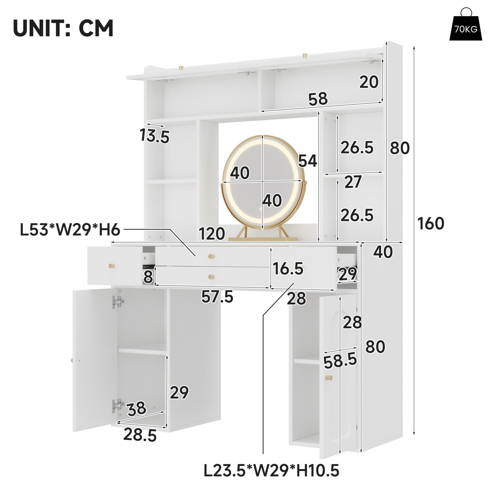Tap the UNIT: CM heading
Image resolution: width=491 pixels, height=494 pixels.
[x=63, y=28]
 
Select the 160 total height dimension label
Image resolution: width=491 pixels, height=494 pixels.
[x=431, y=223]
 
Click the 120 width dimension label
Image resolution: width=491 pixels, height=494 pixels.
[x=212, y=233]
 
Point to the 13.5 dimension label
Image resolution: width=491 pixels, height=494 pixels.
[x=154, y=136]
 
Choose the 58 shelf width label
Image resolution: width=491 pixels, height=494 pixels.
[x=318, y=99]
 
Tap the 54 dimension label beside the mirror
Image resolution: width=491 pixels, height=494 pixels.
[x=308, y=161]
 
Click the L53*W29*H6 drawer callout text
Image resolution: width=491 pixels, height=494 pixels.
[x=70, y=230]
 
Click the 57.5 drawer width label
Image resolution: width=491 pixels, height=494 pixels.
[x=217, y=297]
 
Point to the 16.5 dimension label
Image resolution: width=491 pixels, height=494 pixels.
[x=288, y=269]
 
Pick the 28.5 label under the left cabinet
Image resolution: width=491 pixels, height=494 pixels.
[x=140, y=435]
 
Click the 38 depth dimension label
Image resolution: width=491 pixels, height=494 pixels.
[x=137, y=409]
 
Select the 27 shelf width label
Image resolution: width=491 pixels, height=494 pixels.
[x=353, y=182]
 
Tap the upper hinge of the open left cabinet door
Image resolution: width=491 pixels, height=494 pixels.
[x=118, y=302]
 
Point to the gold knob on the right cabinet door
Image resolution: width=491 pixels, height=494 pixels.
[x=329, y=378]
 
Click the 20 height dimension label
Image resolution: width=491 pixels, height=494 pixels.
[x=369, y=82]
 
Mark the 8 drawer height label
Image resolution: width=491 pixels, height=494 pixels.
[x=148, y=277]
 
